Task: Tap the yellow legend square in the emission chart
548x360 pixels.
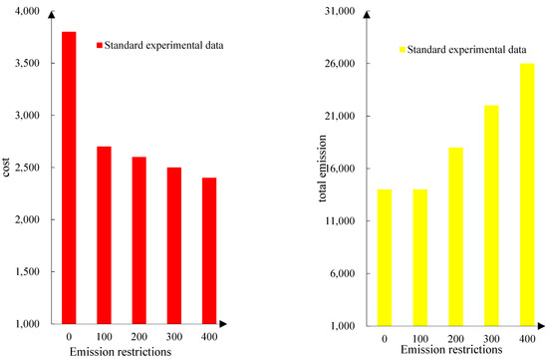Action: coord(404,48)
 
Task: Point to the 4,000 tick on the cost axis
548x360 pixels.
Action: coord(25,11)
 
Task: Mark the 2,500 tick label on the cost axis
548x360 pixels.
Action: coord(25,168)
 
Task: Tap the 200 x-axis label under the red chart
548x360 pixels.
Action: coord(138,336)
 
